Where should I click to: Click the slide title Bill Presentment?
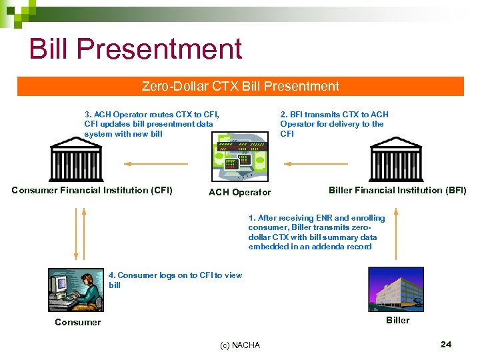coord(135,49)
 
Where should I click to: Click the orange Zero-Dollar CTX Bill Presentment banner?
coord(240,87)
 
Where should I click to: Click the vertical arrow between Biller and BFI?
coord(397,233)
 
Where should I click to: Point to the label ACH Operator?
coord(240,193)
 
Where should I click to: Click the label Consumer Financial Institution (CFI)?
coord(92,190)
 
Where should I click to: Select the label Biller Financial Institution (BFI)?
coord(397,190)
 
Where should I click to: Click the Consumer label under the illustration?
coord(78,322)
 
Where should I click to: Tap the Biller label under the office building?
coord(398,320)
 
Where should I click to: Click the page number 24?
coord(446,344)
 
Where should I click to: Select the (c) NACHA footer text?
coord(240,345)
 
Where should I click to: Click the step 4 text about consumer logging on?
coord(175,280)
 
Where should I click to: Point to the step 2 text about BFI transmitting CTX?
coord(333,124)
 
